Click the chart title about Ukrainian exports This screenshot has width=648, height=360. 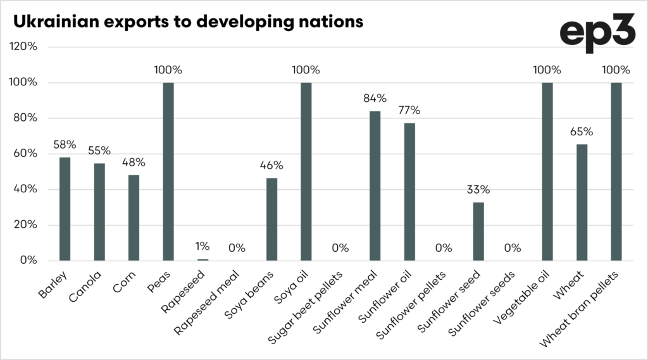[188, 20]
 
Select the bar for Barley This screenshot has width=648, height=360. [65, 209]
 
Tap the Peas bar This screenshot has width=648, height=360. [168, 171]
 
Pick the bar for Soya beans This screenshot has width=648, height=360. [271, 219]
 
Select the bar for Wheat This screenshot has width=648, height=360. [582, 202]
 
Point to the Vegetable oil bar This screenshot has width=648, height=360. [547, 171]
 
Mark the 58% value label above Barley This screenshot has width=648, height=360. [65, 144]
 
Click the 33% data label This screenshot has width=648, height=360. [478, 190]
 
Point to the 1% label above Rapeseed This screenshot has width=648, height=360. [202, 247]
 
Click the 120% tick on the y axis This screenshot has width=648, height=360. [23, 47]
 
